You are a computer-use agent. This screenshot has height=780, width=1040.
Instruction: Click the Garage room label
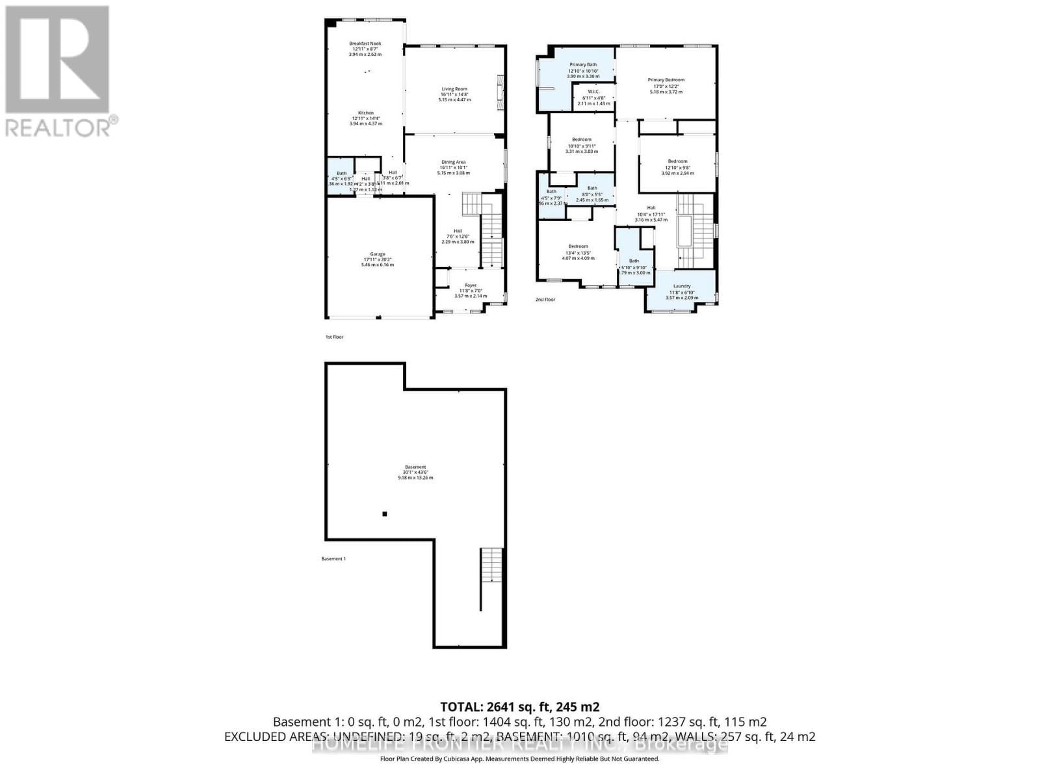(378, 254)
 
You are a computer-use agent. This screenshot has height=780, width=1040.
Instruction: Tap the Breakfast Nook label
(365, 44)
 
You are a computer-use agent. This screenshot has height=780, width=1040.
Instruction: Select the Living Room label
(454, 89)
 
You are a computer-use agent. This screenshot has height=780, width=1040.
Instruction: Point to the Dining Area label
(454, 162)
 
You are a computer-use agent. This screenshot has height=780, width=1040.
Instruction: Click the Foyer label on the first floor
(470, 285)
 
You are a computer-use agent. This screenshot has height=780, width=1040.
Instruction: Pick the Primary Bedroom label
(666, 80)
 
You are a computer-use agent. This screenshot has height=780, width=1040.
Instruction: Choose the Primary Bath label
(583, 65)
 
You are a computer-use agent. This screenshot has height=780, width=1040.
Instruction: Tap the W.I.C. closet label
(593, 92)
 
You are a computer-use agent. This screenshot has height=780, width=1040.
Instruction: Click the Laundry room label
(682, 286)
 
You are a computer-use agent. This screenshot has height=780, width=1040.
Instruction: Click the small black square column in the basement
(385, 514)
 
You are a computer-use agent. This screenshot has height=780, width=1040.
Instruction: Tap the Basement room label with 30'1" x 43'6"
(415, 467)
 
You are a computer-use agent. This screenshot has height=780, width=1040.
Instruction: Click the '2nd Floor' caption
(545, 300)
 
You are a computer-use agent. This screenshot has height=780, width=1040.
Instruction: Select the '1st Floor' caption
(334, 337)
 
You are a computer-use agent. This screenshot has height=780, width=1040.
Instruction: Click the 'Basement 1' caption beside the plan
(333, 559)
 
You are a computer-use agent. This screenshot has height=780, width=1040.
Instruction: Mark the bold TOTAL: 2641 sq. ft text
(519, 707)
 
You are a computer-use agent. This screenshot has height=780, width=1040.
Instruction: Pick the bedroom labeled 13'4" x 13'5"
(578, 246)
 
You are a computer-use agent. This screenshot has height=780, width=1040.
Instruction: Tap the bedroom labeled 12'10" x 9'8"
(677, 161)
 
